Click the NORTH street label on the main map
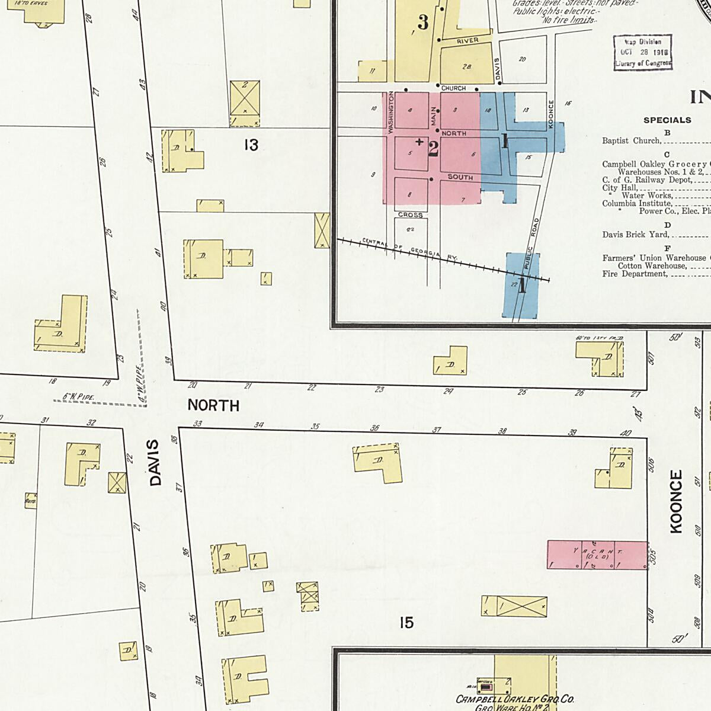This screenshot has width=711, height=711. pos(213,406)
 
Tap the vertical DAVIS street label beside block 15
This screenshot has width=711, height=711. pos(155,463)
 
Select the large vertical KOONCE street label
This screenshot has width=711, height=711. pos(676,502)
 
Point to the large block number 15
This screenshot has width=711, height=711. pos(406,623)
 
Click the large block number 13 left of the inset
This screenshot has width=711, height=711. pos(251,145)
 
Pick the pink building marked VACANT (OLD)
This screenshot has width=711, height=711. pos(597,555)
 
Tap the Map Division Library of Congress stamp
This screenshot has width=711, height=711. pos(642,53)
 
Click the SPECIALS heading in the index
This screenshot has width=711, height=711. pos(667,120)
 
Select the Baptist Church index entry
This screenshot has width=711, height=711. pos(631,141)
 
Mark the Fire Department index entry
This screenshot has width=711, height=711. pos(635,274)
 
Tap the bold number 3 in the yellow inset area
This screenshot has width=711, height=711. pos(422,23)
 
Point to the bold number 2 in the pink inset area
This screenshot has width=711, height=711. pos(433,149)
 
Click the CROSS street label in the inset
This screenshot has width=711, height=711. pos(410,215)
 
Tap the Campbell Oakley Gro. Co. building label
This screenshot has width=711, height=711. pos(514,700)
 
